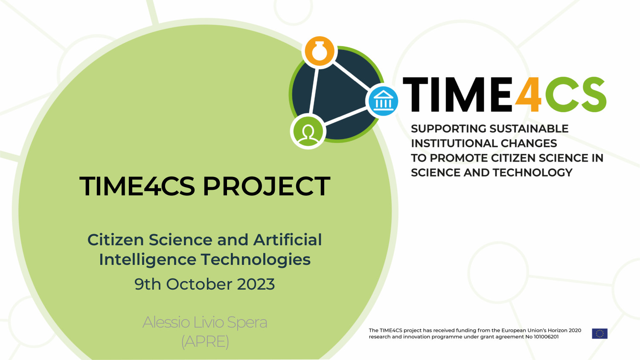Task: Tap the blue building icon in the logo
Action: [x=383, y=101]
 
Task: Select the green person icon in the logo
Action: [x=308, y=132]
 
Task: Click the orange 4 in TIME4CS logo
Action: [x=528, y=94]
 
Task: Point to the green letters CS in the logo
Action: [x=576, y=94]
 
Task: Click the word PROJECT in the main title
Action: [x=266, y=186]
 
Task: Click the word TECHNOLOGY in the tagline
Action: [x=532, y=173]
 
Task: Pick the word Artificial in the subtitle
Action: [x=288, y=239]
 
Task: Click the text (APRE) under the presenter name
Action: [x=205, y=342]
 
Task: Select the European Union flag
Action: [x=599, y=334]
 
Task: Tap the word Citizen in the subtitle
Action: [x=116, y=239]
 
